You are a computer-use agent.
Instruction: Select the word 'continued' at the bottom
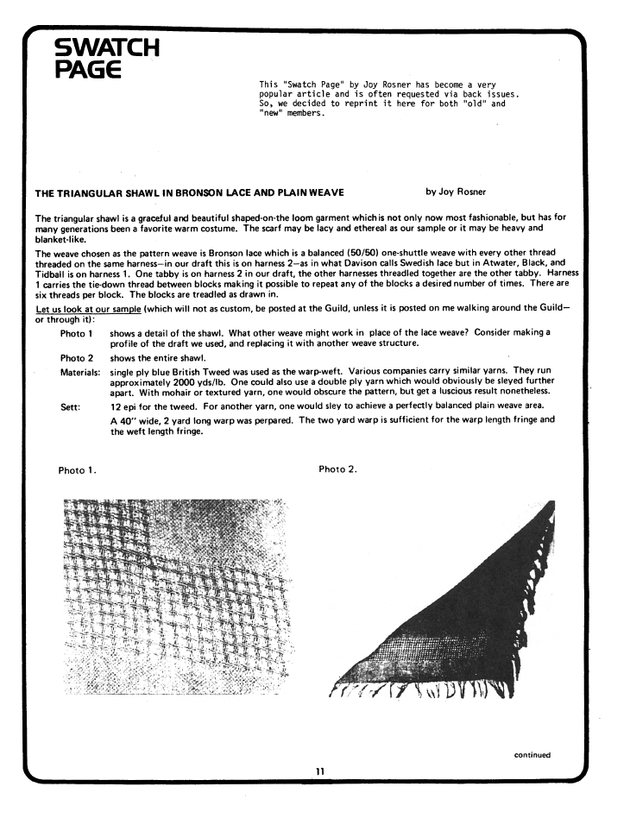[532, 756]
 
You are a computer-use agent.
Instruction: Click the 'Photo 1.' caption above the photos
[77, 470]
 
